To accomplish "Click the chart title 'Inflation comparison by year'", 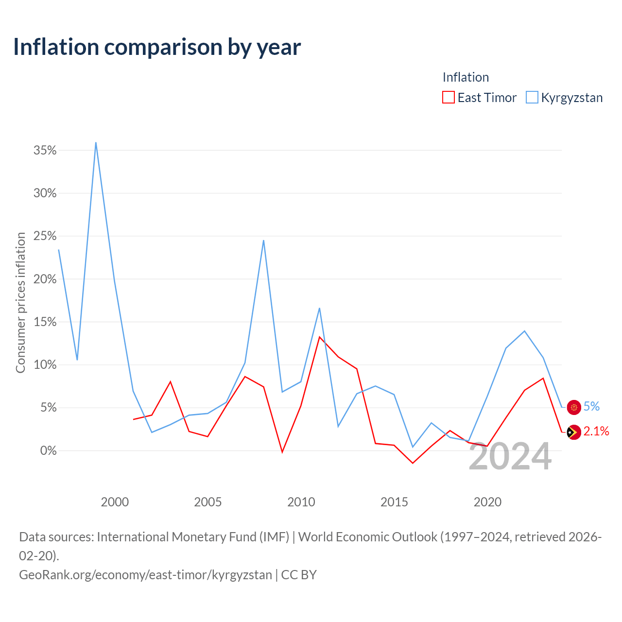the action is (157, 47).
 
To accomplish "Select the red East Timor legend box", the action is (448, 97).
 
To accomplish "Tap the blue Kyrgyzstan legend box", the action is (532, 97).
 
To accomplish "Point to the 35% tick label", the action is (45, 150).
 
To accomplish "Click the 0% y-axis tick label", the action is (48, 450).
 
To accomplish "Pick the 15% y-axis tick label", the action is (45, 322).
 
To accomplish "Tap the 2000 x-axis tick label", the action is (115, 502).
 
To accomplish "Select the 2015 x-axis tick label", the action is (394, 502).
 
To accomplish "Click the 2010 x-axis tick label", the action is (301, 502).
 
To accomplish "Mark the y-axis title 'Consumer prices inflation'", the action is (20, 303).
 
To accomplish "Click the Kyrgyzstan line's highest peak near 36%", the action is (96, 143).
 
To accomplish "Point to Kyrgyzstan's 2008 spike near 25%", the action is (263, 241).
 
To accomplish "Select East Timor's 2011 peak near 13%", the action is (320, 337).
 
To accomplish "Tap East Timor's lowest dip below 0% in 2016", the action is (413, 463).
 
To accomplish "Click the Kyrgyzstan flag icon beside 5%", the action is (573, 407).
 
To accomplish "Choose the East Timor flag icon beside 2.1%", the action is (573, 432).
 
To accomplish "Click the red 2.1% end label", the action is (596, 431).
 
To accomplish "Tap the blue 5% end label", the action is (591, 406).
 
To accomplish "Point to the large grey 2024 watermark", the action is (510, 456).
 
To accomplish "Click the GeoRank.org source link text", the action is (146, 574).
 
